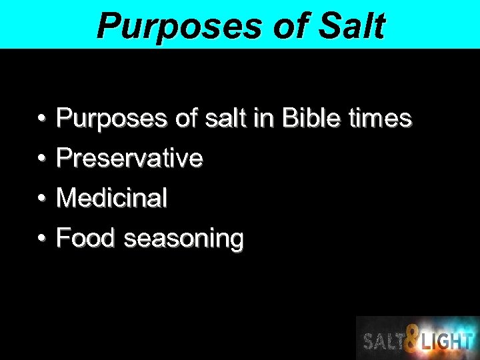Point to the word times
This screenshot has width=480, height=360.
[x=380, y=119]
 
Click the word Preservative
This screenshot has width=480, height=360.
[x=130, y=159]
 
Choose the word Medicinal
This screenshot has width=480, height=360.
[x=112, y=198]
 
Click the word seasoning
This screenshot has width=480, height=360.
[x=184, y=239]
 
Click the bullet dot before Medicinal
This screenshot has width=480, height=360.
[x=41, y=199]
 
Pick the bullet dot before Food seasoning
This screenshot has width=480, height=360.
[x=41, y=239]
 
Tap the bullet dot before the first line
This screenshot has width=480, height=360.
[x=41, y=120]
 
